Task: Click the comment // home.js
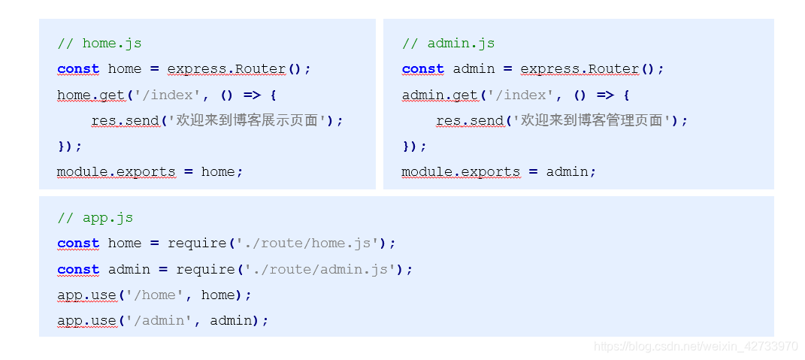99,44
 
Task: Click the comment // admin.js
448,44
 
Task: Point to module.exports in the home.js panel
116,172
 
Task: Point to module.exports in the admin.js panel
461,172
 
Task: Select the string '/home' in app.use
154,295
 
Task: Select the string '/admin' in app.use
159,321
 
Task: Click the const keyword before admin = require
78,270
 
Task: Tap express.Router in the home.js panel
226,69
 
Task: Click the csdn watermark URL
695,346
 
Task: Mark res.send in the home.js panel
126,120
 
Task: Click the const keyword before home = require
78,244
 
